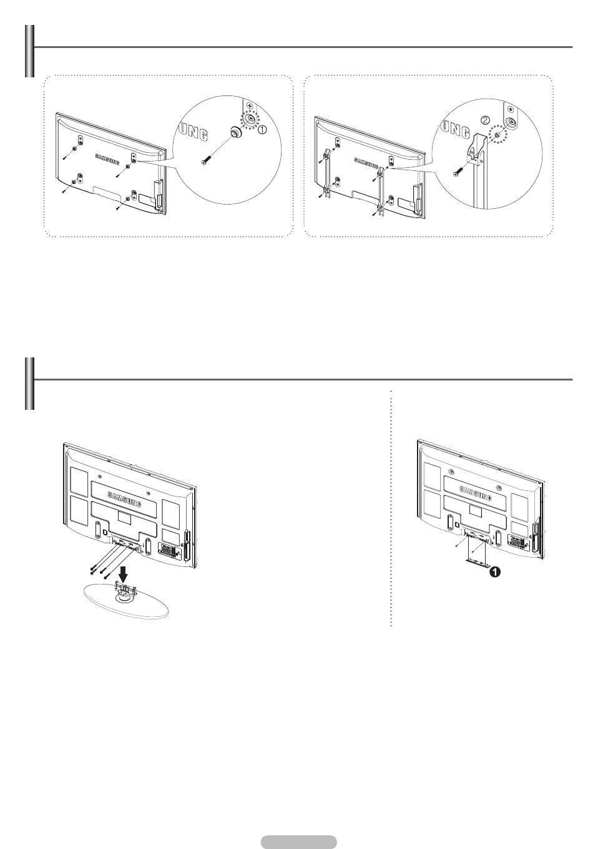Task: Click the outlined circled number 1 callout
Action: [262, 130]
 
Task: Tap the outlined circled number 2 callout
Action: [485, 120]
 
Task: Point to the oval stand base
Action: [126, 601]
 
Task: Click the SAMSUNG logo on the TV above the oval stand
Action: [124, 500]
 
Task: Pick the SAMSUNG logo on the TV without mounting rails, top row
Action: [107, 159]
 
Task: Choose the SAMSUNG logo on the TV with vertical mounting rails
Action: [366, 163]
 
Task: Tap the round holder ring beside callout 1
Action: [235, 132]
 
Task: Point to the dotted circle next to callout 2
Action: [497, 134]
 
